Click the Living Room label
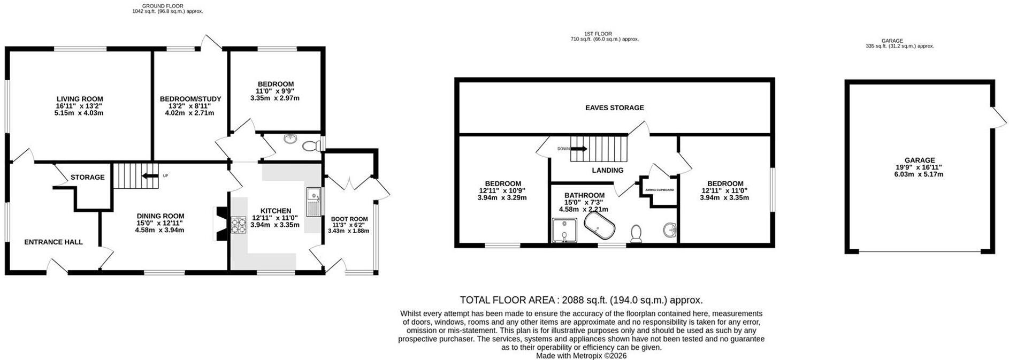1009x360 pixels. coord(80,99)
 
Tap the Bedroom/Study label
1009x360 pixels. coord(190,99)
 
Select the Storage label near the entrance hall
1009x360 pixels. coord(88,177)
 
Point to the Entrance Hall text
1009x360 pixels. coord(53,242)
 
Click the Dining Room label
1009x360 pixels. coord(159,216)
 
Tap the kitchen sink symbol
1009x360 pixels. coord(312,202)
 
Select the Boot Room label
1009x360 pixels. coord(349,219)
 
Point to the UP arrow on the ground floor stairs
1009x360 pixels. coord(150,175)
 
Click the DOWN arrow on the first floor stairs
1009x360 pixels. coord(579,149)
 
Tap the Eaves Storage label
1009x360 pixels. coord(615,108)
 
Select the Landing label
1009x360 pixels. coord(608,170)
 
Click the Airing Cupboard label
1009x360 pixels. coord(660,190)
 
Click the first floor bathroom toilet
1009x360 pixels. coord(636,234)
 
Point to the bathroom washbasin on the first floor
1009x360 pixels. coord(669,231)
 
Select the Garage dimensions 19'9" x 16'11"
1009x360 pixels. coord(920,167)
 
